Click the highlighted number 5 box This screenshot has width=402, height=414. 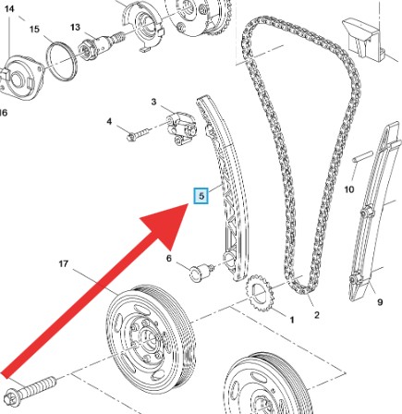pyautogui.click(x=201, y=196)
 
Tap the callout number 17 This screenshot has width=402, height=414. pyautogui.click(x=63, y=263)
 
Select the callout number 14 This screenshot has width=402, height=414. pyautogui.click(x=9, y=8)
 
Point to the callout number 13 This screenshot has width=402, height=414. pyautogui.click(x=75, y=27)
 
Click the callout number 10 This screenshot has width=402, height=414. pyautogui.click(x=349, y=189)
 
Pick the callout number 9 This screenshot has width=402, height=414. pyautogui.click(x=380, y=302)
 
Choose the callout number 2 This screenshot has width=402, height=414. pyautogui.click(x=317, y=314)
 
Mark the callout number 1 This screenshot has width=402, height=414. pyautogui.click(x=292, y=320)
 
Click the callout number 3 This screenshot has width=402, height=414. pyautogui.click(x=153, y=102)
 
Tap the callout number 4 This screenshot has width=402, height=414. pyautogui.click(x=109, y=122)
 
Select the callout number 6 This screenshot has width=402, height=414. pyautogui.click(x=169, y=258)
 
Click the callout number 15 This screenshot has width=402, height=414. pyautogui.click(x=34, y=30)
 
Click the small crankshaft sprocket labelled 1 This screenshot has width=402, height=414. pyautogui.click(x=260, y=292)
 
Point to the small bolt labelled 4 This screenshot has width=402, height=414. pyautogui.click(x=139, y=134)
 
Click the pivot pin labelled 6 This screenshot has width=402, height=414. pyautogui.click(x=201, y=272)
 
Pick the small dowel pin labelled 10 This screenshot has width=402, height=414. pyautogui.click(x=362, y=156)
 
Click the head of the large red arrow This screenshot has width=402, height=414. pyautogui.click(x=168, y=224)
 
